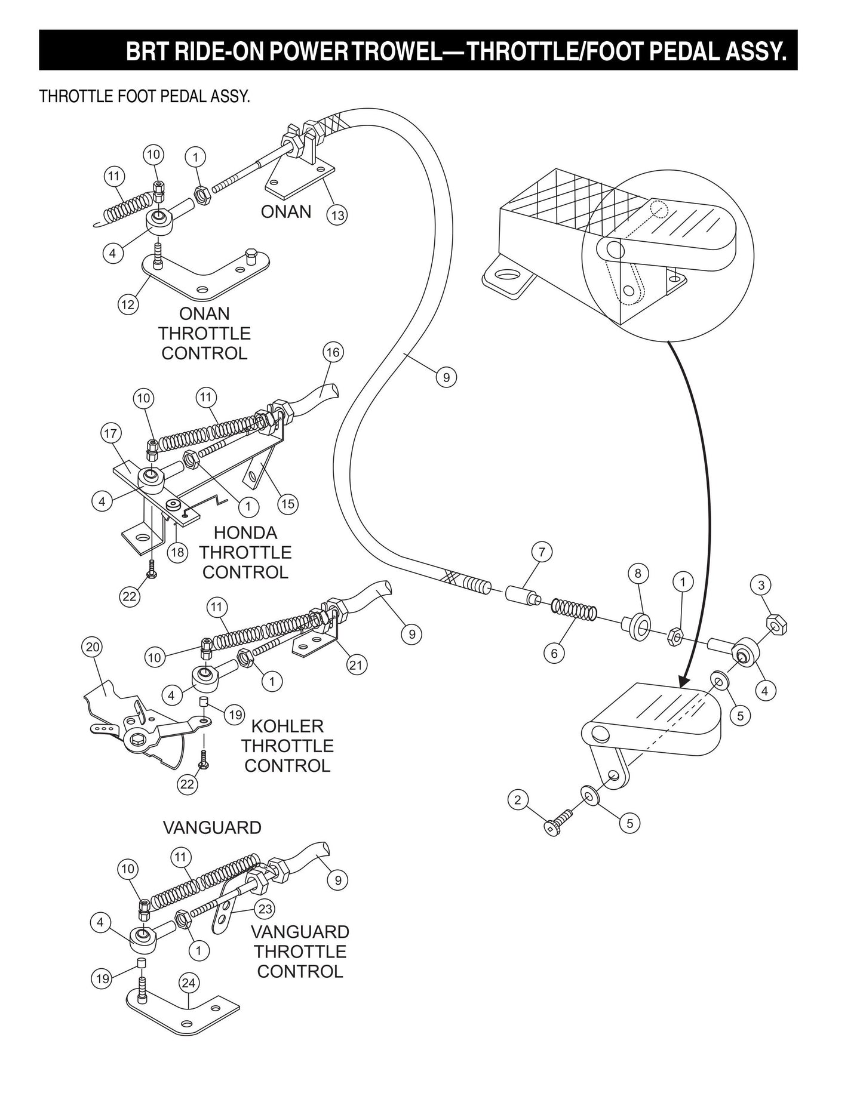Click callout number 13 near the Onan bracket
(x=337, y=215)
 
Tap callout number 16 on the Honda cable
(x=333, y=352)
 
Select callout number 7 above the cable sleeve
(x=542, y=552)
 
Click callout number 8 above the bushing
(x=638, y=574)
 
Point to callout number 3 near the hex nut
(x=761, y=586)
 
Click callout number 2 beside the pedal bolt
(x=518, y=799)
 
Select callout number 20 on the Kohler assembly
(x=94, y=647)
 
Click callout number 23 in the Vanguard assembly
(x=265, y=909)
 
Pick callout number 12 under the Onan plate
(x=128, y=304)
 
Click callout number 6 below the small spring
(x=554, y=654)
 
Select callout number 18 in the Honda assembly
(x=177, y=552)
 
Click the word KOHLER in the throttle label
(x=287, y=726)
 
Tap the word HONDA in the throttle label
(x=245, y=532)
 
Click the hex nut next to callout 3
(x=777, y=626)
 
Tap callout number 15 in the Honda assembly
(x=288, y=504)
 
